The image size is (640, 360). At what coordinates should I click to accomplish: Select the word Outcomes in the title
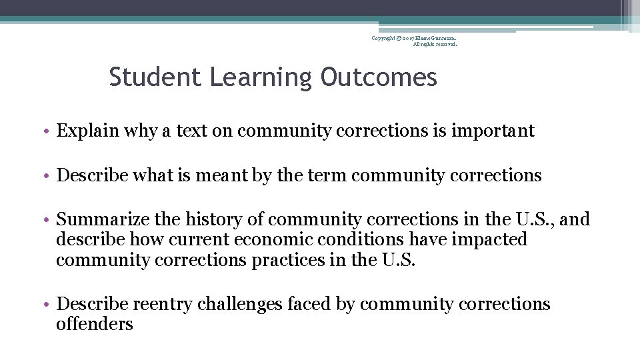[379, 77]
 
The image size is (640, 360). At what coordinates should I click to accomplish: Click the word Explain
[84, 131]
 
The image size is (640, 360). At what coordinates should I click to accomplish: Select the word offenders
[95, 325]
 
